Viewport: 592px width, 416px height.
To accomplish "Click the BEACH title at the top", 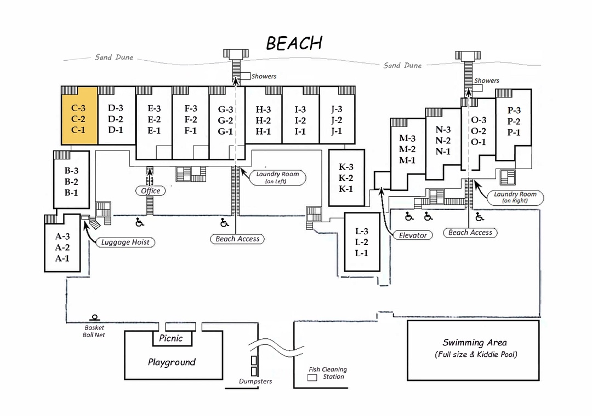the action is coord(294,43).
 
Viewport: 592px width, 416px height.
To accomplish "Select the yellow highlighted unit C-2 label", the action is coord(78,119).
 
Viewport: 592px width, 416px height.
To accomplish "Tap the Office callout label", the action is coord(150,191).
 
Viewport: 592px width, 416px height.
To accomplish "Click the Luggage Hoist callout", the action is coord(126,242).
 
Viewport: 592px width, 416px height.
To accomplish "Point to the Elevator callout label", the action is coord(413,235).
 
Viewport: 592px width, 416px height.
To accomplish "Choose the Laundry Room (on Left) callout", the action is coord(277,178).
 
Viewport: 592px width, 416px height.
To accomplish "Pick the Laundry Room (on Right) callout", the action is coord(515,197).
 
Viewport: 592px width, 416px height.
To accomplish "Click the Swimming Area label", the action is coord(475,343).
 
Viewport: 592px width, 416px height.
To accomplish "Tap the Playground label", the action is coord(172,362).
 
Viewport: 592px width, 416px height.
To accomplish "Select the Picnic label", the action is coord(170,338).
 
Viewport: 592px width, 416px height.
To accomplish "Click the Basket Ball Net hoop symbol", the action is coord(94,317).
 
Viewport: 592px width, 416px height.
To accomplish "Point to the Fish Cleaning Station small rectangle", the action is coord(312,378).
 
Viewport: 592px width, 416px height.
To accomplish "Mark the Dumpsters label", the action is coord(255,382).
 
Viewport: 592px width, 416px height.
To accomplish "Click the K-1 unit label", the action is coord(346,189).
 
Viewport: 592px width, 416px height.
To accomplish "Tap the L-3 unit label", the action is coord(362,231).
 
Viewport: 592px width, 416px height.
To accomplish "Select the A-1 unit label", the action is coord(62,258).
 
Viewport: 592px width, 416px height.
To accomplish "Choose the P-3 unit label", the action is coord(514,110).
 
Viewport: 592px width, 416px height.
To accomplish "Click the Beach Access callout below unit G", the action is coord(237,239).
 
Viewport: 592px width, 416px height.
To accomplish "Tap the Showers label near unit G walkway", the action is coord(264,76).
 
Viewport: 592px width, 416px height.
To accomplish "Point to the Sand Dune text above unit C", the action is coord(113,57).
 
